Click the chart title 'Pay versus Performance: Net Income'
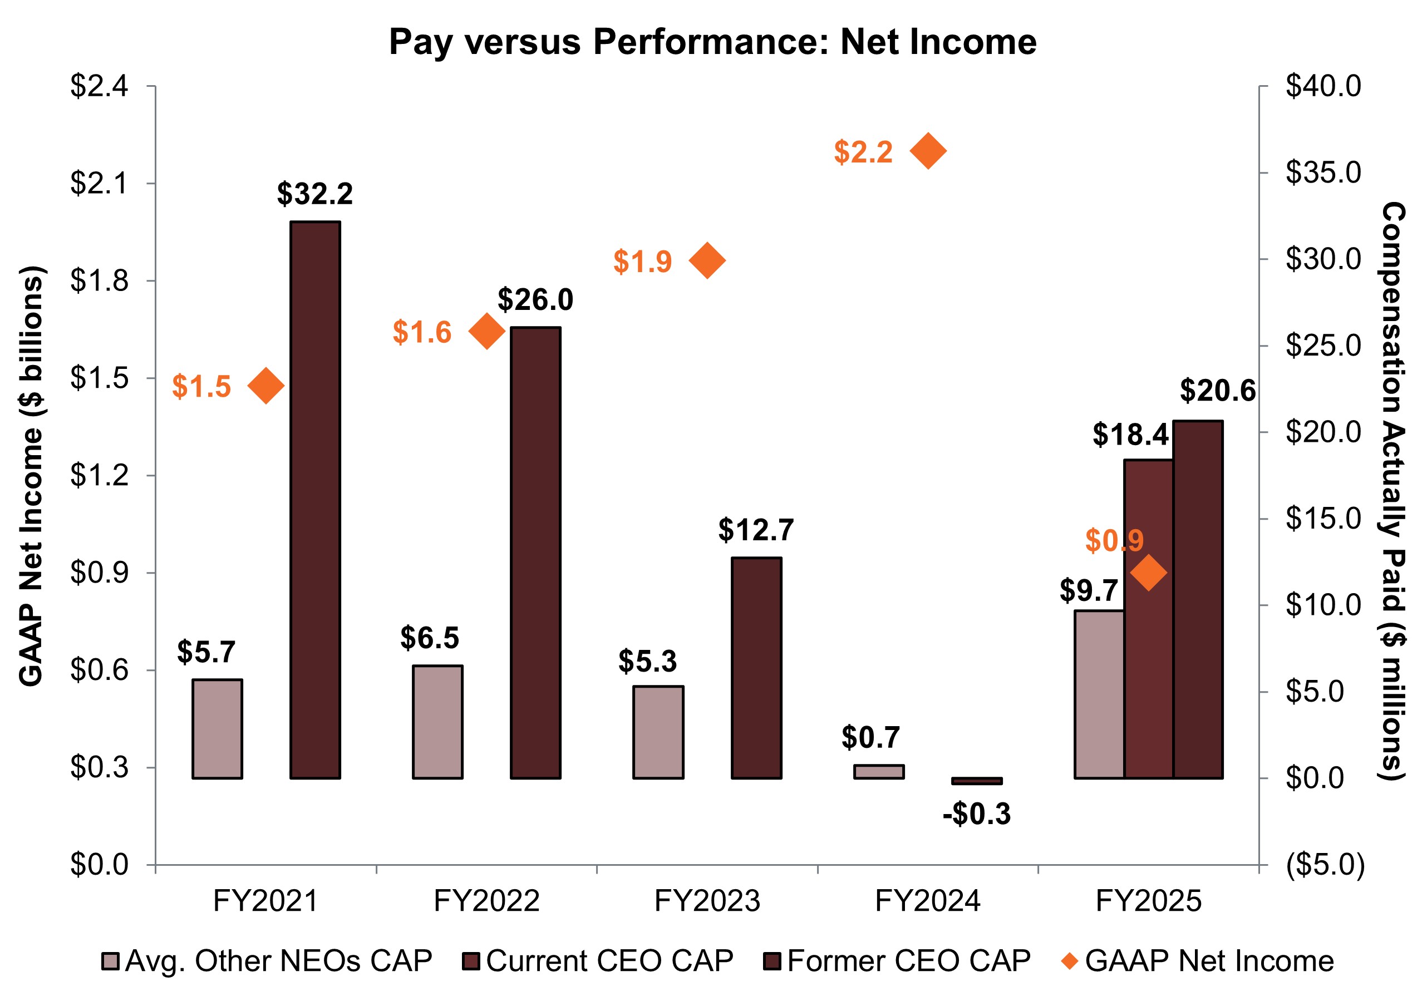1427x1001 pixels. (x=712, y=42)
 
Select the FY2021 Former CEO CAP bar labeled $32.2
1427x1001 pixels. (x=315, y=499)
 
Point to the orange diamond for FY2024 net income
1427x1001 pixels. (x=927, y=150)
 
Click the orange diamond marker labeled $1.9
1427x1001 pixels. (x=707, y=260)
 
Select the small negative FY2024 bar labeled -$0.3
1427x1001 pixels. (x=976, y=781)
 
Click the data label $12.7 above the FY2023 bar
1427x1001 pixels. (x=756, y=530)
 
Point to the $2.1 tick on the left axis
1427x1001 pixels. (x=99, y=184)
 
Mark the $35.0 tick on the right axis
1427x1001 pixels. (x=1322, y=172)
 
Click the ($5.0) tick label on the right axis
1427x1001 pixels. (x=1325, y=864)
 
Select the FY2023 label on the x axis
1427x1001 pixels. (x=707, y=901)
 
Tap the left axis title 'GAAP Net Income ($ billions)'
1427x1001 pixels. (x=31, y=475)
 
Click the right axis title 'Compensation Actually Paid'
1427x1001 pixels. (x=1392, y=491)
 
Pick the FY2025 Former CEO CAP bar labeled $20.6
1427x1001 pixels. (x=1198, y=600)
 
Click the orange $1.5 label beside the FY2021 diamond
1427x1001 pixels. (x=201, y=387)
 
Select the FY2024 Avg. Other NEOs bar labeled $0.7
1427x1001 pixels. (x=878, y=771)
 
